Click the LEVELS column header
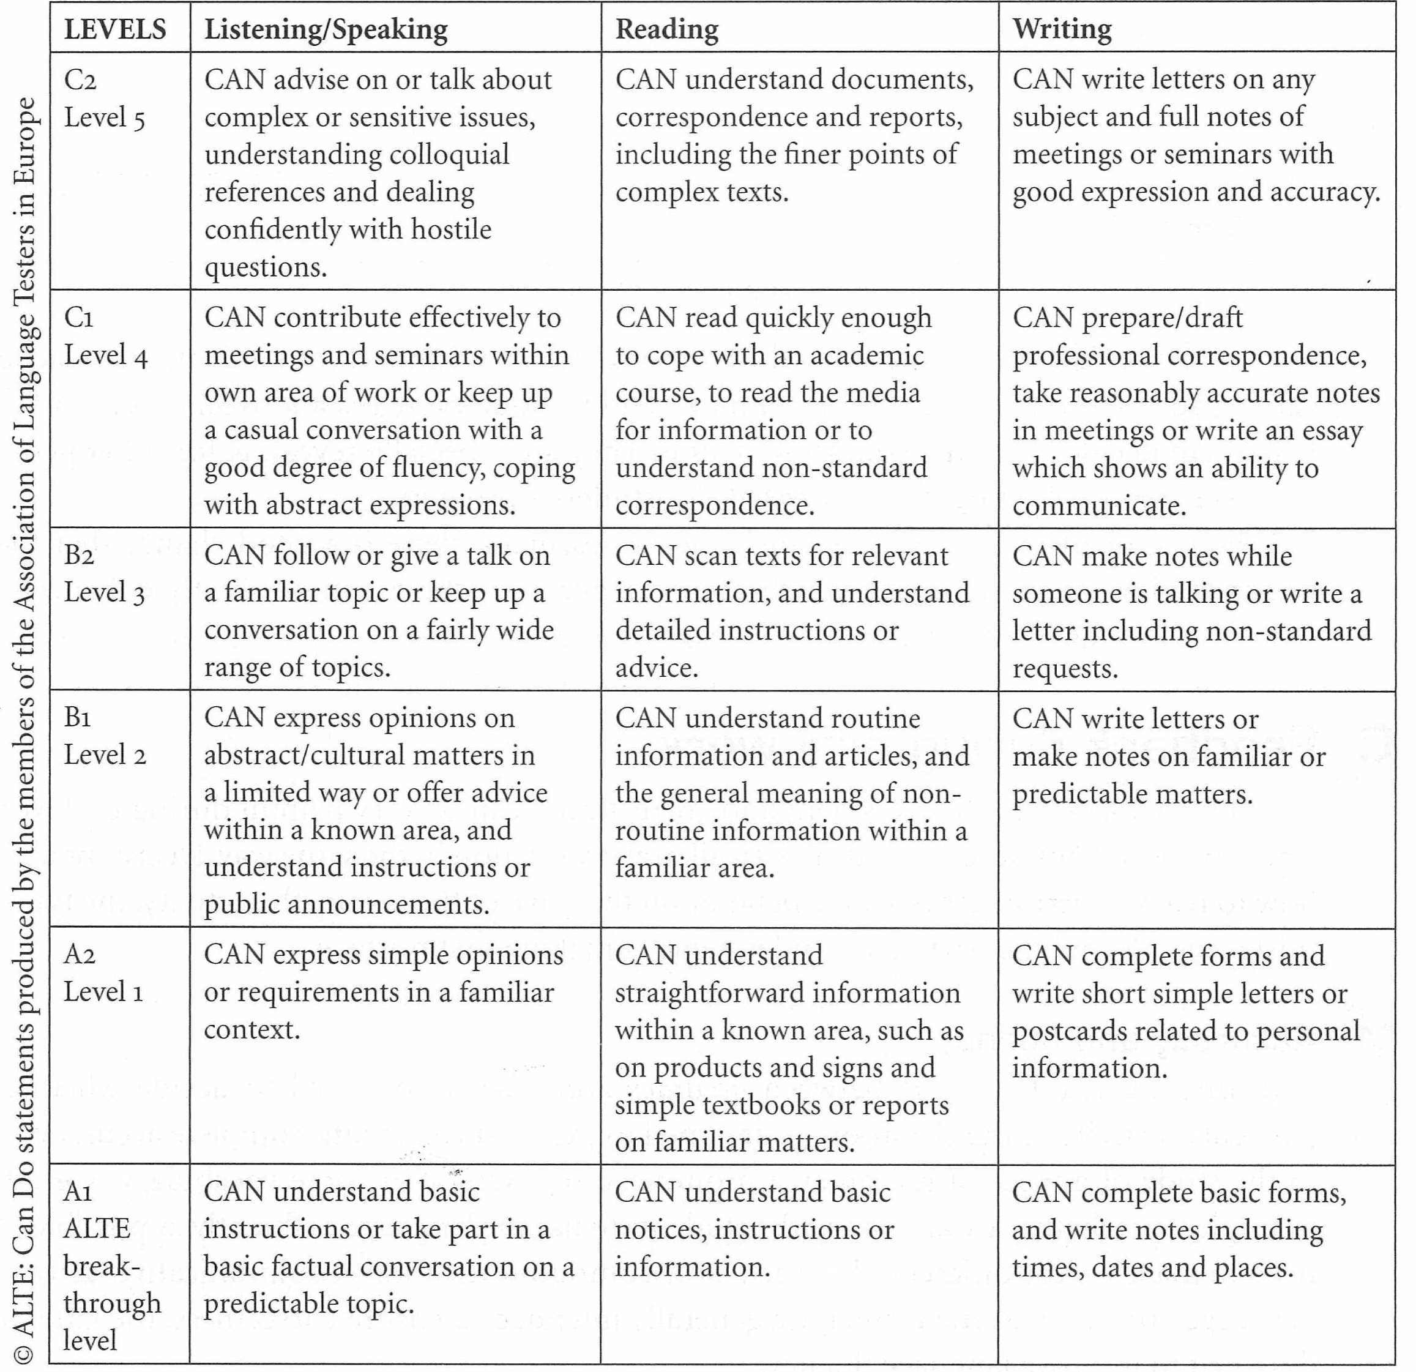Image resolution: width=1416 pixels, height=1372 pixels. click(x=115, y=29)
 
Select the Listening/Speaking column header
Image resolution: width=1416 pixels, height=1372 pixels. click(x=326, y=29)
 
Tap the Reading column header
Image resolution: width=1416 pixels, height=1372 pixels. click(x=667, y=29)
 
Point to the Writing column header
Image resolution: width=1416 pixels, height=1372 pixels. click(x=1062, y=29)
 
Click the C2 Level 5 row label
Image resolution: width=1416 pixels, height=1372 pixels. click(x=104, y=99)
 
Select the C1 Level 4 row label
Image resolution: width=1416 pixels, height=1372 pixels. click(x=105, y=337)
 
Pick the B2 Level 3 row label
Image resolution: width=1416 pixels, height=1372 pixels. click(x=104, y=575)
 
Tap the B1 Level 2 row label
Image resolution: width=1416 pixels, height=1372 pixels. click(x=104, y=736)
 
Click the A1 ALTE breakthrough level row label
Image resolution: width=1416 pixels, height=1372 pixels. click(x=111, y=1265)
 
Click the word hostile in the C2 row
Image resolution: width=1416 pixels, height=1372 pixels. click(x=451, y=229)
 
